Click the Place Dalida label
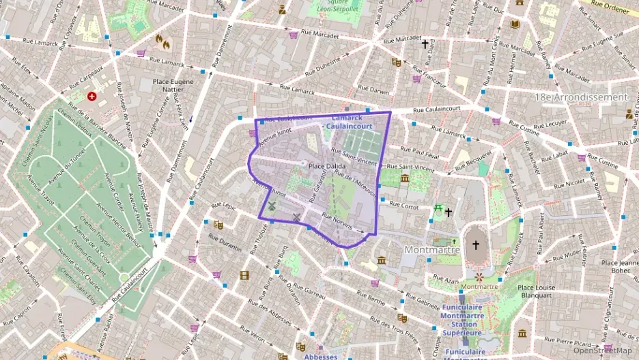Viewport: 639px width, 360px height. click(x=326, y=166)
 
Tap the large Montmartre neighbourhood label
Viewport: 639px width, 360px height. click(x=432, y=249)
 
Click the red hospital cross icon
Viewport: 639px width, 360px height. click(x=91, y=97)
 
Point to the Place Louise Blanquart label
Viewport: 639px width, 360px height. click(x=536, y=291)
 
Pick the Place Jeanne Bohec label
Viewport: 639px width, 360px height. click(x=619, y=266)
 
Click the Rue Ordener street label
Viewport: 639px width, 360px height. click(x=610, y=8)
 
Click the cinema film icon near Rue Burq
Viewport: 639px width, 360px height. click(x=244, y=275)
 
